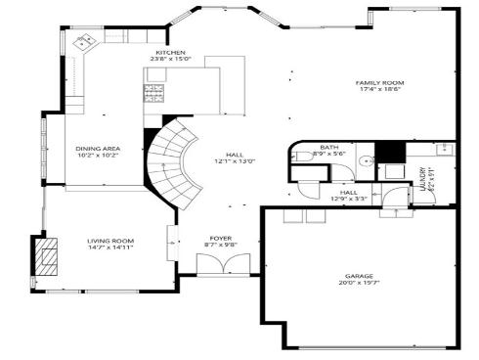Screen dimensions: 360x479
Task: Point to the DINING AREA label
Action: click(98, 148)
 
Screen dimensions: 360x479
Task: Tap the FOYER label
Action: click(221, 239)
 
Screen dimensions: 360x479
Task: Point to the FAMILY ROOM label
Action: click(379, 82)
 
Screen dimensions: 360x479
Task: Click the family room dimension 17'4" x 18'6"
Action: click(379, 90)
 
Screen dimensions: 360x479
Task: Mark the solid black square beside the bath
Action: click(391, 153)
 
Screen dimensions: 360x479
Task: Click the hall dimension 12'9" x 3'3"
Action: click(349, 199)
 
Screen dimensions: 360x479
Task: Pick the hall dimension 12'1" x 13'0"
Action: click(235, 161)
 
